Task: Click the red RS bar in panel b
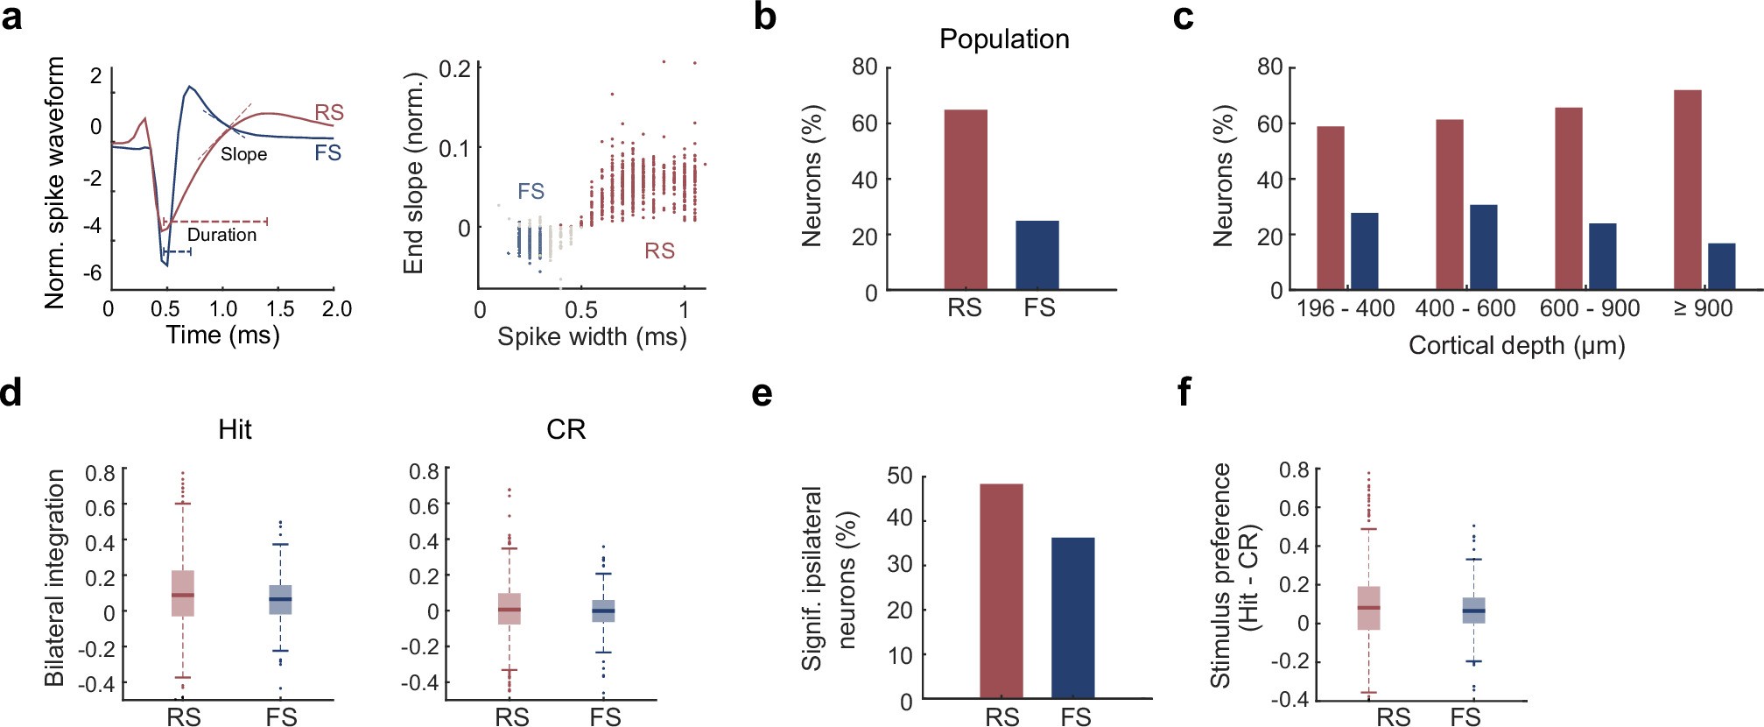965,200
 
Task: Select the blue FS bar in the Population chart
1037,255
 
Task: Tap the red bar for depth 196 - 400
1330,208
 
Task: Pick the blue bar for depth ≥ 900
1721,266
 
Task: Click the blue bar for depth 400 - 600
1483,247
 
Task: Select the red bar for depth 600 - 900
1568,198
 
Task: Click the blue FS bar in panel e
1072,618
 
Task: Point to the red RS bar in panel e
1001,590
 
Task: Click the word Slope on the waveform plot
243,154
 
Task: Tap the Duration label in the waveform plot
221,235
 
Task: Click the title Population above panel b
1004,39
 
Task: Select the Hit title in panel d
235,429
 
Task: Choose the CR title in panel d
566,429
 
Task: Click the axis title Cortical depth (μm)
1516,345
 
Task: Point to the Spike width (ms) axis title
592,336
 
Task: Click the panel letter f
1184,392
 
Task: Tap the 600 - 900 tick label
1590,308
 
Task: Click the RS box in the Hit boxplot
182,594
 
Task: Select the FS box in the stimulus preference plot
1473,610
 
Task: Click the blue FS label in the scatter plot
531,191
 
